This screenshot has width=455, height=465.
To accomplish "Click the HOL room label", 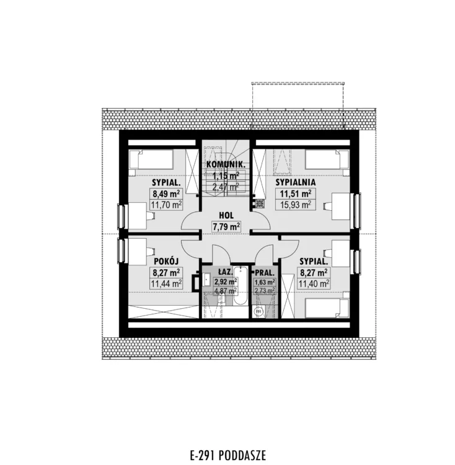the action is click(x=226, y=215).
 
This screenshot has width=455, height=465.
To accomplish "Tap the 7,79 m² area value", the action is click(x=226, y=227).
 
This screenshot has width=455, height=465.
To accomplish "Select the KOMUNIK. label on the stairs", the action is click(x=226, y=164).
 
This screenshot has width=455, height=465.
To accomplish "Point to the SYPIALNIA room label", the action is click(x=296, y=182).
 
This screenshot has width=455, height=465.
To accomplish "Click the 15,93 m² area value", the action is click(x=296, y=205).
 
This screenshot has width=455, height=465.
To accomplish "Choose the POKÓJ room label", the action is click(x=166, y=261).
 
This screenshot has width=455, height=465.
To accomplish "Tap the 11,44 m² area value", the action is click(x=166, y=283).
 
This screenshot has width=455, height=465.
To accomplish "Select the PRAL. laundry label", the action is click(x=265, y=272).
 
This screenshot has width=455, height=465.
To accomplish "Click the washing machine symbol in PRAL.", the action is click(x=258, y=312).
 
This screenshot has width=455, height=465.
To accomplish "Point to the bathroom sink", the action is click(x=206, y=280).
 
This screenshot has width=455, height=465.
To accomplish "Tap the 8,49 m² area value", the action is click(x=166, y=194).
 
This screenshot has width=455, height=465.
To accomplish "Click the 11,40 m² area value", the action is click(x=314, y=283).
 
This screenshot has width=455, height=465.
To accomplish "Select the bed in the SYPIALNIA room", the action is click(x=327, y=159).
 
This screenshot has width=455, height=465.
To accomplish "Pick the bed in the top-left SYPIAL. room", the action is click(x=151, y=159).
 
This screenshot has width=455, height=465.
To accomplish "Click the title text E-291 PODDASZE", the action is click(x=227, y=455).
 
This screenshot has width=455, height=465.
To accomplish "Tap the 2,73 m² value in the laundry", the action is click(x=265, y=291).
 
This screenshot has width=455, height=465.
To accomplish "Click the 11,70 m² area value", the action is click(x=166, y=205).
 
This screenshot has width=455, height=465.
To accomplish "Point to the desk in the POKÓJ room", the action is click(x=137, y=252).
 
